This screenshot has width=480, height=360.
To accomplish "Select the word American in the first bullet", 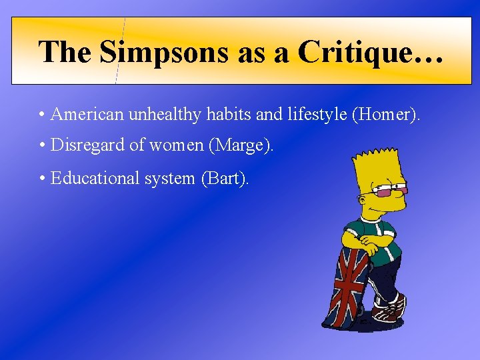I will click(x=87, y=115).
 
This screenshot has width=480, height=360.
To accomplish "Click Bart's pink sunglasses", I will click(x=391, y=192).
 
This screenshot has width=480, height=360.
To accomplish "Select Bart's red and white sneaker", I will click(x=390, y=309).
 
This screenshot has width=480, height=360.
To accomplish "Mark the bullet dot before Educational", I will click(x=42, y=179).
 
